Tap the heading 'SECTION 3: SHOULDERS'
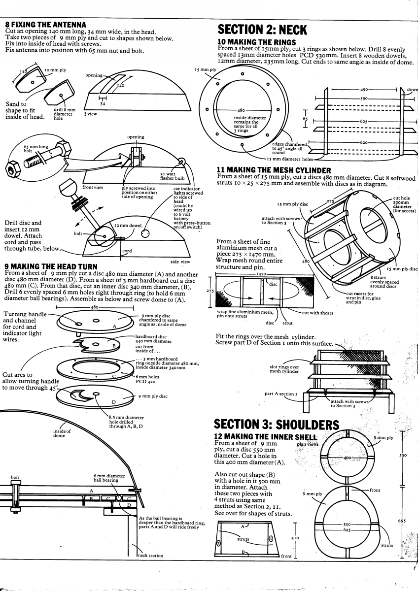click(x=277, y=425)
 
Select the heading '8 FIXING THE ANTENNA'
click(x=45, y=25)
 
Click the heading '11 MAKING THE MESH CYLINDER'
click(x=274, y=170)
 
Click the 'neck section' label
click(x=150, y=556)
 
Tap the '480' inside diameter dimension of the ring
click(x=242, y=110)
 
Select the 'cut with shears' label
click(x=317, y=313)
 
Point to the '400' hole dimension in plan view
click(x=347, y=458)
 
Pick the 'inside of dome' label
click(x=59, y=433)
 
